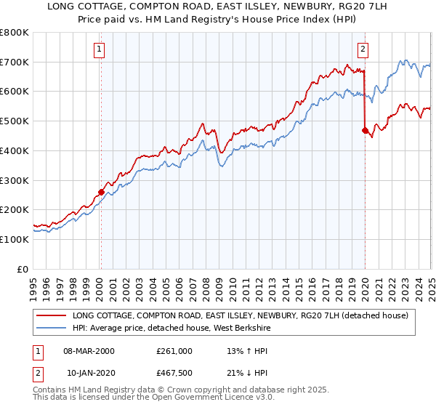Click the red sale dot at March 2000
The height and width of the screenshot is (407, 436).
[x=101, y=192]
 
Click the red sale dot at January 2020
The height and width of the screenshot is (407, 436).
[x=365, y=131]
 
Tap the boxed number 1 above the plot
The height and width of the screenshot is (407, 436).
[x=99, y=49]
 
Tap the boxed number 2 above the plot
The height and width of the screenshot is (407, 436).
[x=363, y=49]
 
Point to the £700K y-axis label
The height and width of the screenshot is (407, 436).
[x=15, y=63]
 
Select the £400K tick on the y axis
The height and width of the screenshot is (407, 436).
[x=15, y=151]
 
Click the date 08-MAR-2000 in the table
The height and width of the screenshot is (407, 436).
[x=89, y=350]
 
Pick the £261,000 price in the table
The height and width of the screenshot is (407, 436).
[x=174, y=350]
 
